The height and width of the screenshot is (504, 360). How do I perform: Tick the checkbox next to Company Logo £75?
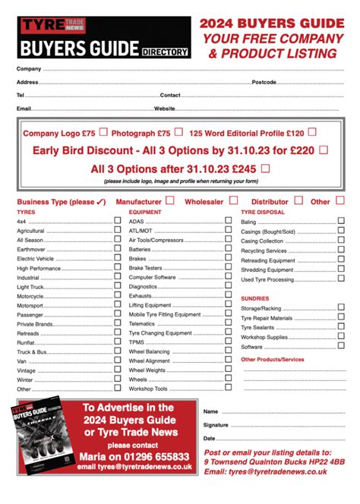tap(103, 132)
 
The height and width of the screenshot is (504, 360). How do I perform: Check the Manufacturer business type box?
tap(170, 200)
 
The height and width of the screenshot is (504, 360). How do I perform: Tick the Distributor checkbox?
tap(298, 200)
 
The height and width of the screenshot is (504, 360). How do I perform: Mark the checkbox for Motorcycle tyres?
tap(118, 295)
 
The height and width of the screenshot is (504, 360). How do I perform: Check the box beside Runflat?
tap(118, 342)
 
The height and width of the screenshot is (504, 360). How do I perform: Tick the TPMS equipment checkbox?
tap(229, 342)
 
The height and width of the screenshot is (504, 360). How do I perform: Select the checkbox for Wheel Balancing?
tap(229, 351)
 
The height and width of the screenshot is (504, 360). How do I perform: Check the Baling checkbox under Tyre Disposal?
tap(340, 222)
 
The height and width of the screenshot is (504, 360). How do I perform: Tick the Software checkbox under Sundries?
tap(340, 346)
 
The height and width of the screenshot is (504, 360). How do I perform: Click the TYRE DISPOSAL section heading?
tap(263, 213)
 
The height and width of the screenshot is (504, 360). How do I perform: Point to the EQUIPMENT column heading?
tap(145, 213)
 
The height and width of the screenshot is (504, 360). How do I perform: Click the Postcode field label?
tap(264, 81)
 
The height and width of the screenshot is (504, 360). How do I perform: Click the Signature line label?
tap(216, 425)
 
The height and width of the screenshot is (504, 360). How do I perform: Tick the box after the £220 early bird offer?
tap(323, 150)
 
